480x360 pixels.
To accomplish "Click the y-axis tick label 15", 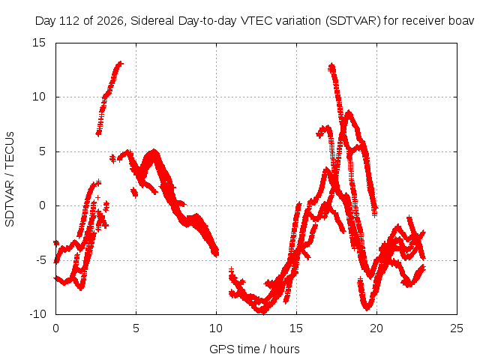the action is [39, 43].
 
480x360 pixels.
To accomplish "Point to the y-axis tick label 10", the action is [39, 97].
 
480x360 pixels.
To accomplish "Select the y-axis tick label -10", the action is [37, 314].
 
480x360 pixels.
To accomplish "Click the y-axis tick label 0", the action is [42, 205].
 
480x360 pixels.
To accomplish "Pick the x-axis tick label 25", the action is [457, 328].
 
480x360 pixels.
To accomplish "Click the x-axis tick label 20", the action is [376, 328].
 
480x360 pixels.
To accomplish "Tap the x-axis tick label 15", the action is [296, 328].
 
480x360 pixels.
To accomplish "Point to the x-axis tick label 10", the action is [216, 328].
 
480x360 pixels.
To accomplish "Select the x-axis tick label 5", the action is [136, 328].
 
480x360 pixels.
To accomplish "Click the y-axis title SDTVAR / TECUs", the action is [10, 179].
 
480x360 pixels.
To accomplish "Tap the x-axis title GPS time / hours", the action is [254, 349].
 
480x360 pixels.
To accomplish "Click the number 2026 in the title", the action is [110, 21].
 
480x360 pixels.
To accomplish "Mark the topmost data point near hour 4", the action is [121, 63].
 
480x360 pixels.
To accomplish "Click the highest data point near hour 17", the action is [331, 66].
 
